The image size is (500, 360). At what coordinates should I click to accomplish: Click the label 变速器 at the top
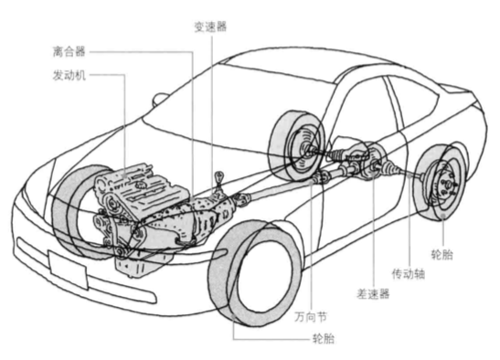[210, 26]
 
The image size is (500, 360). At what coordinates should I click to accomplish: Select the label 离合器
[69, 51]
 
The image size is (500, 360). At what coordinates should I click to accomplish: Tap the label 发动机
[69, 75]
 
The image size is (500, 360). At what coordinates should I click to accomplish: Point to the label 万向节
[311, 317]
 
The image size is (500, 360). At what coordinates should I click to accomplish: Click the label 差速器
[373, 293]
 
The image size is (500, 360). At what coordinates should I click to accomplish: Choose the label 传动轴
[409, 273]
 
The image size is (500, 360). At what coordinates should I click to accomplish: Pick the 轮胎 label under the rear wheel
[442, 254]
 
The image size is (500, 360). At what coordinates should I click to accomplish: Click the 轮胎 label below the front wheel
[324, 338]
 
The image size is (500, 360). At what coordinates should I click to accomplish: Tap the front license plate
[68, 270]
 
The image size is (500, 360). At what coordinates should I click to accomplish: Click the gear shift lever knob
[219, 175]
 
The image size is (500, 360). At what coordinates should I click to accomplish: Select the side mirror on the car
[159, 100]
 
